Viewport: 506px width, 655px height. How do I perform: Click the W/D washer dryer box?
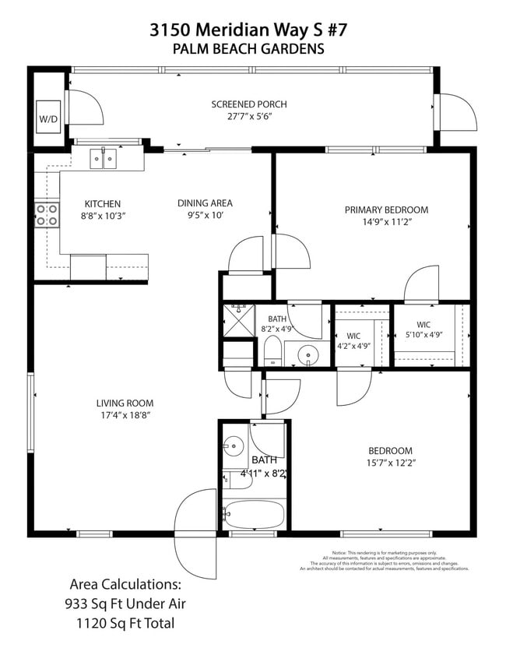(x=48, y=119)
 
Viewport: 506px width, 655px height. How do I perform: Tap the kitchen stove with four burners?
(x=47, y=215)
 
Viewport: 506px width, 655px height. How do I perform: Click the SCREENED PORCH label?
(x=248, y=104)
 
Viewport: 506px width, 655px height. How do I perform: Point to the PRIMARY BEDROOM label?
(x=386, y=210)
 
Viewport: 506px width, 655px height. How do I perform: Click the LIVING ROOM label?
(x=125, y=403)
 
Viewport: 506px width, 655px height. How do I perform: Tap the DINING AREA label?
(x=205, y=203)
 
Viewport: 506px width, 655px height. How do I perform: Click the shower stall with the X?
(x=238, y=320)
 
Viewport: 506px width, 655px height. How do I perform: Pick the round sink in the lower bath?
(x=234, y=447)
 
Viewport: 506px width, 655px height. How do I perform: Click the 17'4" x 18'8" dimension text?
(x=125, y=415)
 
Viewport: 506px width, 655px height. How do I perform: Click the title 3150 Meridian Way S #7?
(x=248, y=30)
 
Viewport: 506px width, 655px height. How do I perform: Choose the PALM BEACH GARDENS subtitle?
(x=248, y=49)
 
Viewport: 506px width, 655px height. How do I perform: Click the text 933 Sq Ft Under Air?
(x=125, y=604)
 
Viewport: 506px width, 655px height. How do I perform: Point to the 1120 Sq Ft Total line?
(x=125, y=623)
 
